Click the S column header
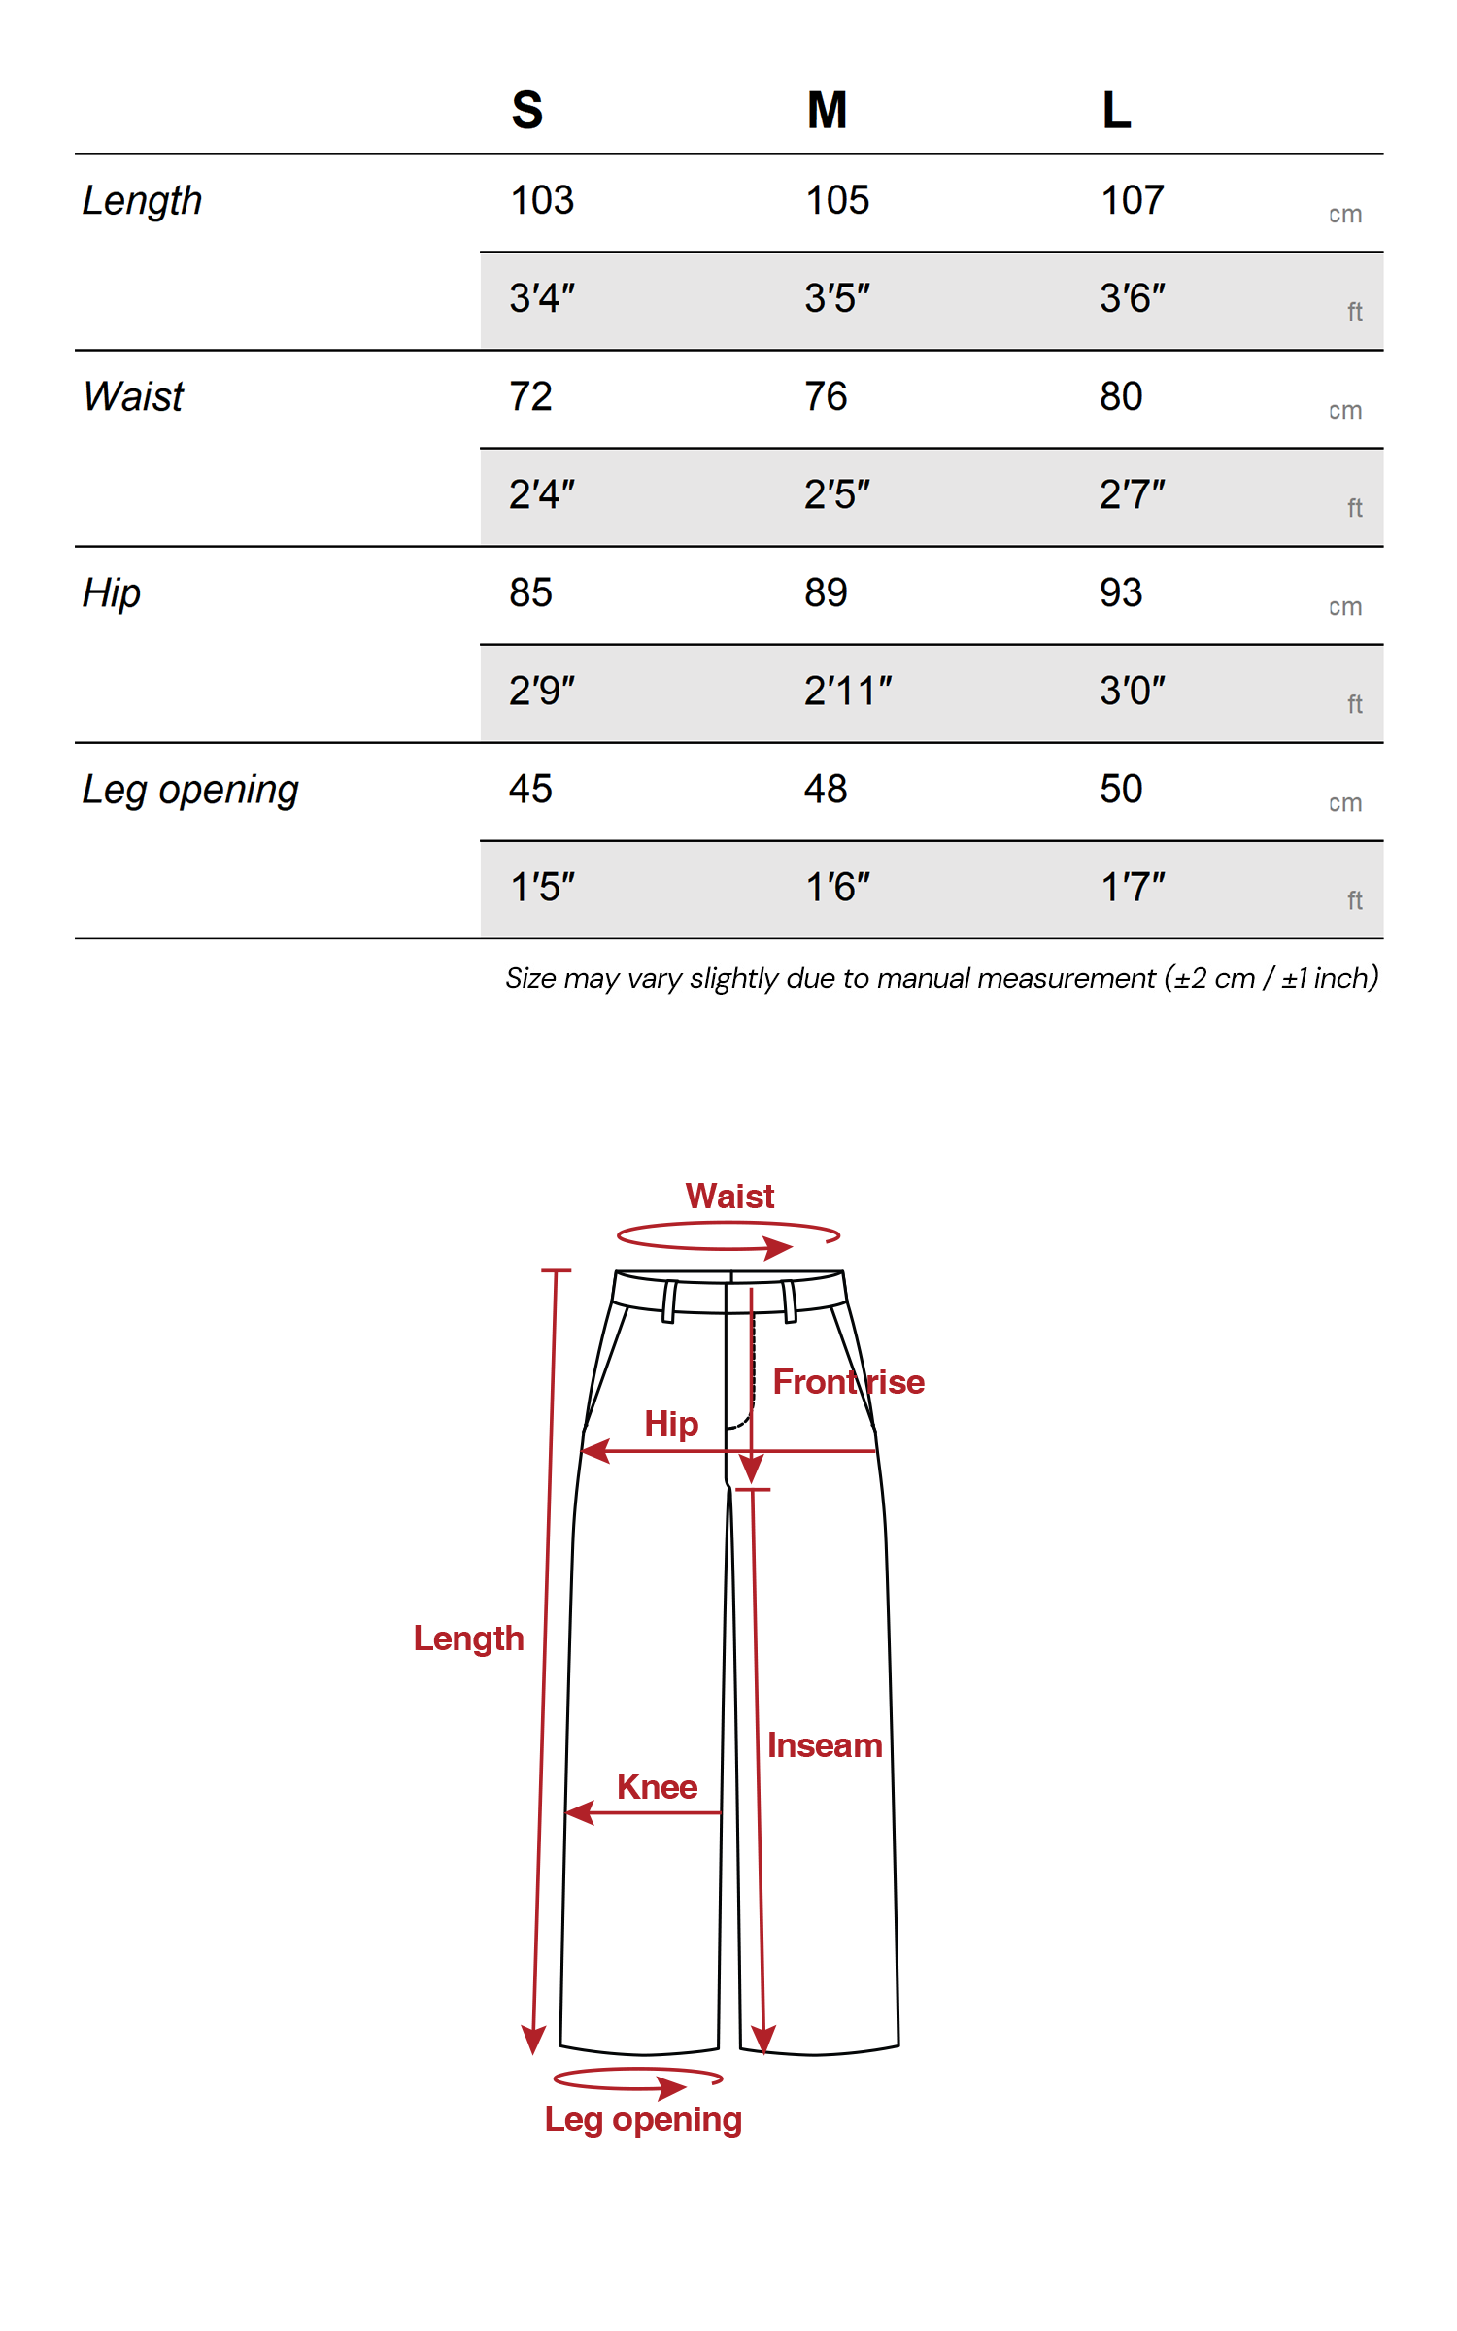[x=527, y=110]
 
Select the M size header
[x=827, y=110]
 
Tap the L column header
[x=1116, y=110]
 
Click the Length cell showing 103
[x=542, y=201]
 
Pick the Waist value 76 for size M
[x=826, y=397]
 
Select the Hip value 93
[x=1121, y=593]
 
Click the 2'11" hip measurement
[x=848, y=692]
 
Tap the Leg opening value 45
[x=530, y=790]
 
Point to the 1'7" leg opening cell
[x=1133, y=888]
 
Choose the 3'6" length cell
[x=1133, y=298]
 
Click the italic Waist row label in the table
[x=133, y=397]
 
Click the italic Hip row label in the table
[x=112, y=593]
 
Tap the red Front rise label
[x=848, y=1382]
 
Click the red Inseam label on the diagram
[x=825, y=1745]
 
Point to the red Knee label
[x=658, y=1787]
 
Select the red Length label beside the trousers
[x=468, y=1638]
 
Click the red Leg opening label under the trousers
[x=643, y=2119]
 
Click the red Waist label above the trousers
[x=729, y=1197]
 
